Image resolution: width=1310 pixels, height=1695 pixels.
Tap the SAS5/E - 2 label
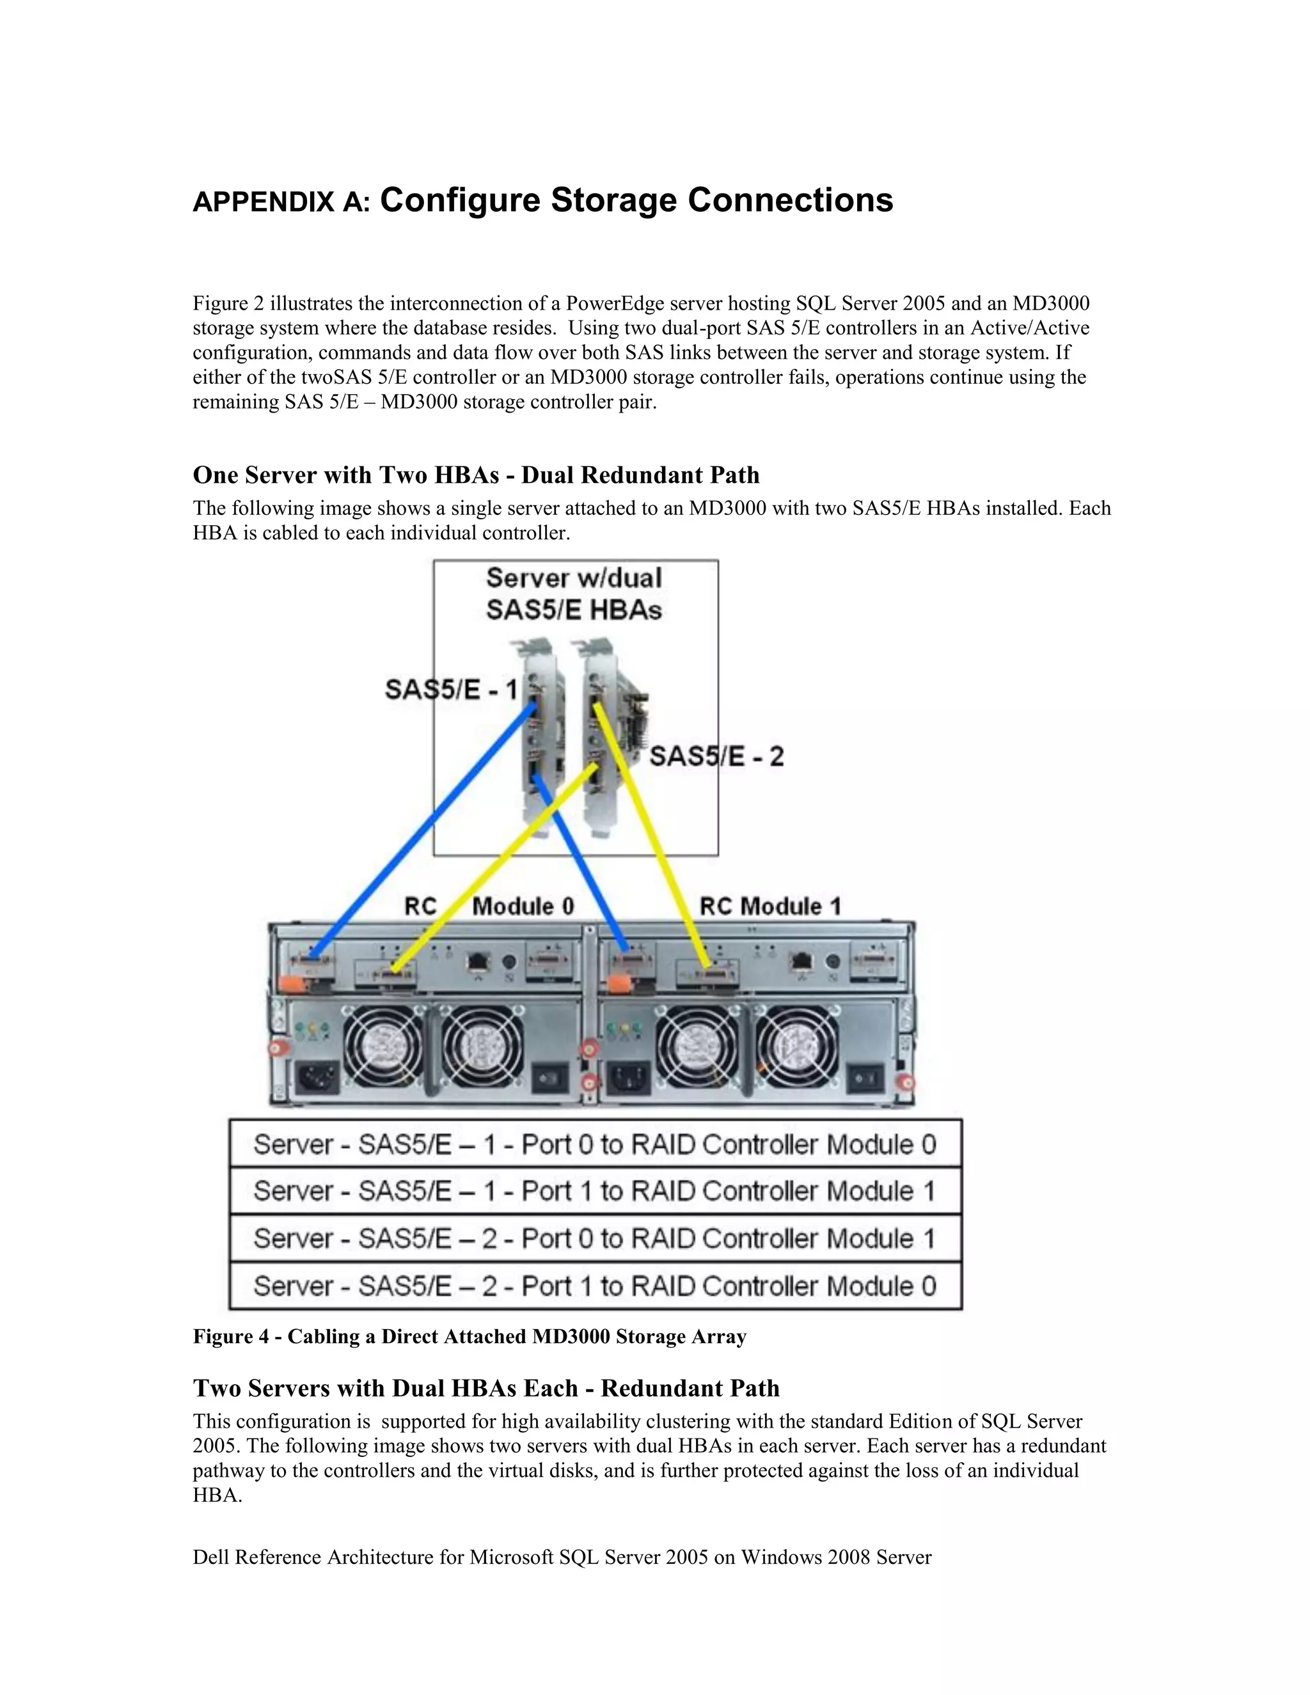(716, 756)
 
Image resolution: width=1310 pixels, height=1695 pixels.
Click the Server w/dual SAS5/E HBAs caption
(574, 594)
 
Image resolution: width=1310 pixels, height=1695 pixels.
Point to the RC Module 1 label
(770, 906)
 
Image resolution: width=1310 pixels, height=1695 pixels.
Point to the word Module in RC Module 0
(523, 906)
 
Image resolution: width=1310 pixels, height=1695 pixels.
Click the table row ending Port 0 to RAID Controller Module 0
(594, 1145)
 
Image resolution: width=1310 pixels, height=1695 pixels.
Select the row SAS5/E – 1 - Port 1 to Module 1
(594, 1192)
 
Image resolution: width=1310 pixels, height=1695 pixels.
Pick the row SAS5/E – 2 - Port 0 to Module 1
(594, 1239)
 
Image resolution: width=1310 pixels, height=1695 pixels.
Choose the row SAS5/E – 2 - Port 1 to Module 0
(594, 1286)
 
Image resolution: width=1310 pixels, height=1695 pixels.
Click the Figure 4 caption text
(470, 1336)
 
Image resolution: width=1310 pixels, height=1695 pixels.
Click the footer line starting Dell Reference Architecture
(562, 1557)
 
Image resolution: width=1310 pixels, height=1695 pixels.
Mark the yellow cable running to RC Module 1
(652, 838)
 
